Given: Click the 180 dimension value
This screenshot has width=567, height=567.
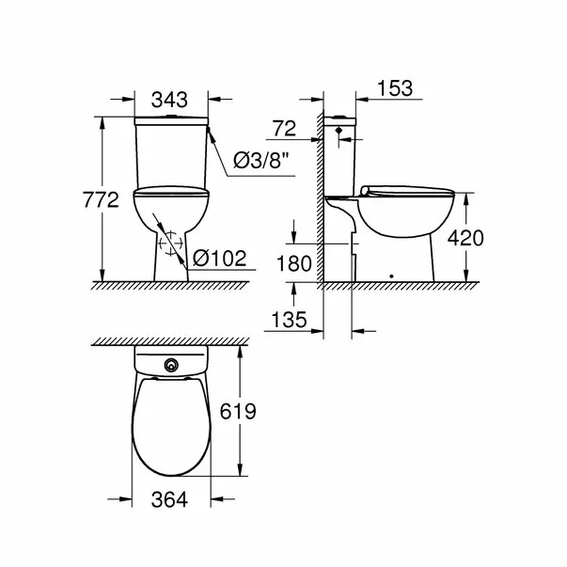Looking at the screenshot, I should tap(294, 264).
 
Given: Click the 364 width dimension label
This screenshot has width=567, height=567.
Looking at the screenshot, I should tap(170, 501).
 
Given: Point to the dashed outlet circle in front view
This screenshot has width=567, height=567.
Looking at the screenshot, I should tap(170, 245).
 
